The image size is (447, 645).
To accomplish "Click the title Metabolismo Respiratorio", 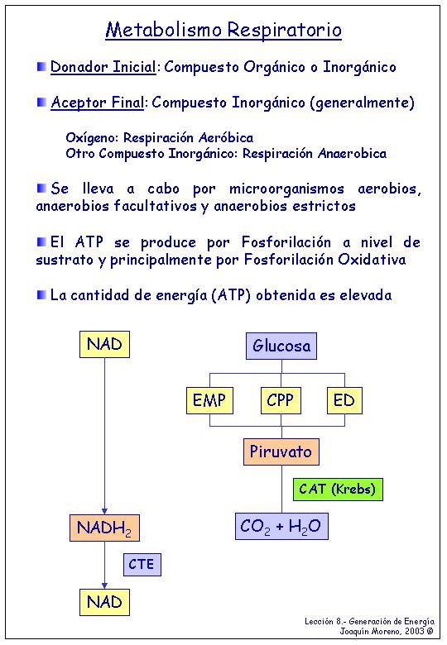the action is coord(223,30).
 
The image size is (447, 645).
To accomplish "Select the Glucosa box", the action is coord(281,346).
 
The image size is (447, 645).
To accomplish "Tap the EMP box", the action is coord(209,400).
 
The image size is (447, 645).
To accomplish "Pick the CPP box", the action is coord(281,400).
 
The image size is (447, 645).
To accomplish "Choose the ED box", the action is coord(344,400).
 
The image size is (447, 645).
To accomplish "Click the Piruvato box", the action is coord(281,451).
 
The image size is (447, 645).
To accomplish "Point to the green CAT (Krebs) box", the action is coord(338,489).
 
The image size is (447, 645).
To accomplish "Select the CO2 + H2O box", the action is coord(281,526).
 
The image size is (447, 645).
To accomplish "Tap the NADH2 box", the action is coord(104,528).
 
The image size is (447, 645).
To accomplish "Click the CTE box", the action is coord(142,564).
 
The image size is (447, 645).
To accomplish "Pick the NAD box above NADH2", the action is coord(104,344).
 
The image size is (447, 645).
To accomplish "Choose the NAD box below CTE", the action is coord(104,602).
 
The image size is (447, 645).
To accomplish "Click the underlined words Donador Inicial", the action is coord(103,67).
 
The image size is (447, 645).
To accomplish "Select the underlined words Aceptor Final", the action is coord(98,103).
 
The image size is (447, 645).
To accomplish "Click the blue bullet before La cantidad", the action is coord(41,295).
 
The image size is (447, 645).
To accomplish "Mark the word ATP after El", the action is coord(89,241).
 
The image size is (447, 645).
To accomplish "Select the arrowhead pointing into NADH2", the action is coord(104,511).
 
